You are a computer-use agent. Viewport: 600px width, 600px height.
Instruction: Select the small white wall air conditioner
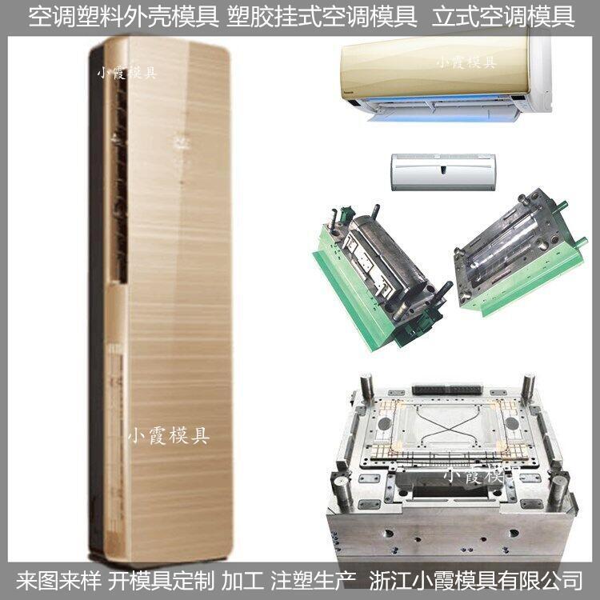[x=443, y=172]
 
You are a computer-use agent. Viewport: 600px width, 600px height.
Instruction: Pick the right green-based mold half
[x=521, y=253]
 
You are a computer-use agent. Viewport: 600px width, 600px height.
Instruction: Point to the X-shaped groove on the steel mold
[x=445, y=428]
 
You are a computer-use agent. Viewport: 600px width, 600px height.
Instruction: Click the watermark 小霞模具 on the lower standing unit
[x=168, y=436]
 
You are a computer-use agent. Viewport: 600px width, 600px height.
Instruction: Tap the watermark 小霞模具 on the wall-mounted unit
[x=466, y=62]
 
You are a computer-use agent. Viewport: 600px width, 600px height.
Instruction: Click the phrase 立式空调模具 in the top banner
[x=503, y=18]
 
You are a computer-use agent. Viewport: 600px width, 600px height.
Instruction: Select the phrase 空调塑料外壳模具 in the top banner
[x=123, y=18]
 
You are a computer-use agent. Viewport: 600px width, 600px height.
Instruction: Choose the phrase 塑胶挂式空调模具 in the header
[x=322, y=18]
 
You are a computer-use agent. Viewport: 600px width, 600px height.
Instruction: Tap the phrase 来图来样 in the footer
[x=58, y=581]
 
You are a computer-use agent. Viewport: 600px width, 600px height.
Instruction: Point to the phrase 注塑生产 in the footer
[x=314, y=581]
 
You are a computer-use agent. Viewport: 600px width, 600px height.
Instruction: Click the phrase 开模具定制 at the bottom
[x=161, y=581]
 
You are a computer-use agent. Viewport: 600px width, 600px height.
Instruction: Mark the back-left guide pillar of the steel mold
[x=366, y=386]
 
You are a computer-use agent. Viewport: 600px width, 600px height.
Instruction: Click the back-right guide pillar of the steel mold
[x=528, y=386]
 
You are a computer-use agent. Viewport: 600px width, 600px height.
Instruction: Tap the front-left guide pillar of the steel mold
[x=343, y=492]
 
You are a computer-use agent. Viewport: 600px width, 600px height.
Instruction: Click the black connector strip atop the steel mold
[x=447, y=390]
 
